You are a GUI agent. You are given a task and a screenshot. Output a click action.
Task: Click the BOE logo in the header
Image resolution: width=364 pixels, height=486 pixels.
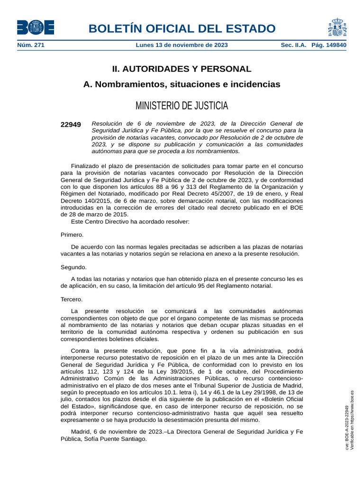pos(36,28)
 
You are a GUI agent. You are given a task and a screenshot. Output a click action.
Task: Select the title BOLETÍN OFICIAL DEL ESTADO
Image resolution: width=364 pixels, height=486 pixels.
pos(182,28)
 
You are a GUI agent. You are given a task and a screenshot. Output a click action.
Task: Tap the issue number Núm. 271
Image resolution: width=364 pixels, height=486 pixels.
pos(31,45)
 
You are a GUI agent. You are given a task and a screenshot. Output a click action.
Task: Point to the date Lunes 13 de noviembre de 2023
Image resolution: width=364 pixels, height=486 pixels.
pos(182,45)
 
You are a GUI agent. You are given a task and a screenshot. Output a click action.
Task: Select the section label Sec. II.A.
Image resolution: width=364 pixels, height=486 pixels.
pos(294,45)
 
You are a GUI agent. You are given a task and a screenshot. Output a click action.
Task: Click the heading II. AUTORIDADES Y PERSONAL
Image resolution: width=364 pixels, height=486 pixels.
pos(182,69)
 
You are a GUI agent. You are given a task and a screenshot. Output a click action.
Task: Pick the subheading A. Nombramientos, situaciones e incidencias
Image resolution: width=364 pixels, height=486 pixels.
pos(182,84)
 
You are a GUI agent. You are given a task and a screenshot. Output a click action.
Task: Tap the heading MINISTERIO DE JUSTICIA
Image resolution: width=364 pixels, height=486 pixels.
pos(182,105)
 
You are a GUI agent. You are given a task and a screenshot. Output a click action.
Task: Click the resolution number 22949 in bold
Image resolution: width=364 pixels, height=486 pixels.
pos(71,125)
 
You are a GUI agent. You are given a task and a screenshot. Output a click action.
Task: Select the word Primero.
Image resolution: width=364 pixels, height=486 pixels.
pos(72,234)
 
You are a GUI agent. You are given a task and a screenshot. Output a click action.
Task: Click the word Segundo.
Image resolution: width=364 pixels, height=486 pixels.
pos(73,267)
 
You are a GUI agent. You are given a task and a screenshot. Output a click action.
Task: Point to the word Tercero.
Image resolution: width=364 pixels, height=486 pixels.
pos(72,299)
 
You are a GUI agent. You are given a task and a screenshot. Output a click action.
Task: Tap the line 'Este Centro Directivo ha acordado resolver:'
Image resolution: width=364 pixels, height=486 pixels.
pos(130,221)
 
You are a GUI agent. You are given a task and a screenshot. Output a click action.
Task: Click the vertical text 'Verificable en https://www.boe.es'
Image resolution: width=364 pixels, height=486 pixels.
pos(352,421)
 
